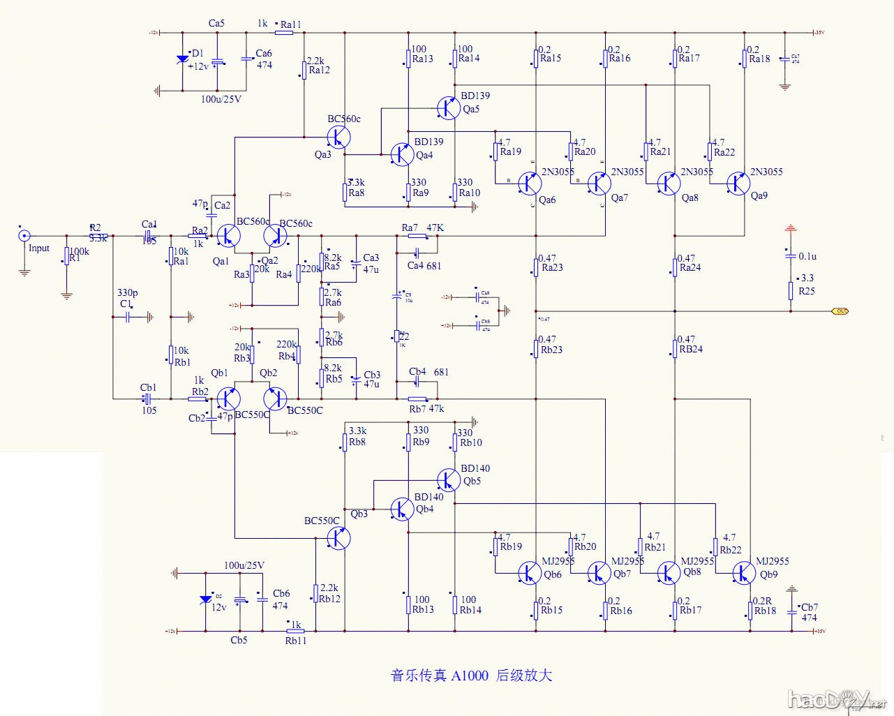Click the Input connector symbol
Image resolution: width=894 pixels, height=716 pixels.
[24, 236]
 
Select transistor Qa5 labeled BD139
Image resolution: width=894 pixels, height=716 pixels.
[448, 107]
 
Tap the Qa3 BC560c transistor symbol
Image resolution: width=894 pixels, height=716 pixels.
[338, 136]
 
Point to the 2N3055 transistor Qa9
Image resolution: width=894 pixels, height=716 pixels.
[738, 183]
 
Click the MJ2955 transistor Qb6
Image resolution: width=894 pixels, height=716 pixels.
[530, 573]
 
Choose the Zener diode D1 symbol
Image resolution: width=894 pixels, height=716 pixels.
[183, 59]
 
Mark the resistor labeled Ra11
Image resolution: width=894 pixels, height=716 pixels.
[284, 32]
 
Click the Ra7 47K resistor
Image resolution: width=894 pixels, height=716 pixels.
[417, 236]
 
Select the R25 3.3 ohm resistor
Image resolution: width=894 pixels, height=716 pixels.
[791, 290]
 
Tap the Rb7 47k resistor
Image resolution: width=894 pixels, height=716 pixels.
[417, 399]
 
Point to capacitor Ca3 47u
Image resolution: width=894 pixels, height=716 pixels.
[356, 263]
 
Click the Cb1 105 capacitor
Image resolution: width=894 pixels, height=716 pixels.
[147, 399]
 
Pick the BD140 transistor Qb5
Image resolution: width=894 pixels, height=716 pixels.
[448, 479]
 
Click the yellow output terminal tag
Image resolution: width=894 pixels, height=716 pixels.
[840, 311]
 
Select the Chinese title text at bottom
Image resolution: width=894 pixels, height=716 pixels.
[471, 676]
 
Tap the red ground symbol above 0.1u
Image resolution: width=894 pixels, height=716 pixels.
[791, 228]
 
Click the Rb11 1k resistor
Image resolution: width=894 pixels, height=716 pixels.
[296, 631]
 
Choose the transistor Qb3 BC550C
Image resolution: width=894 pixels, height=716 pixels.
[338, 538]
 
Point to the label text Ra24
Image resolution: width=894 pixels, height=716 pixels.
[690, 268]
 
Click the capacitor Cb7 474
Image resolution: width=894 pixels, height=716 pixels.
[791, 612]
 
